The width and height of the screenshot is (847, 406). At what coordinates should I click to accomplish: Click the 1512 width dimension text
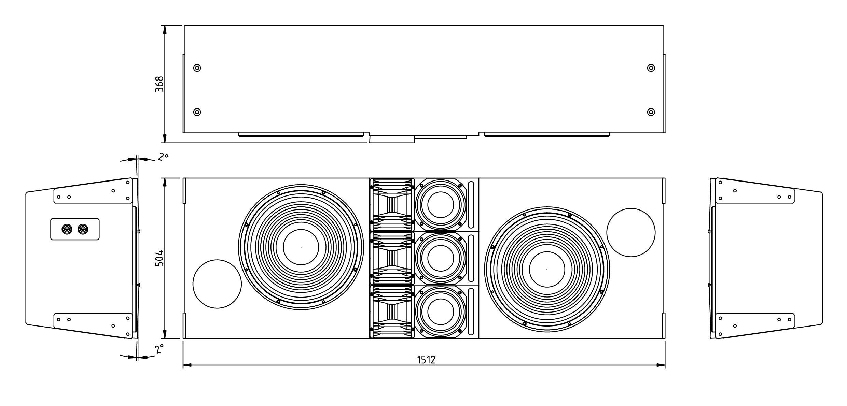click(427, 360)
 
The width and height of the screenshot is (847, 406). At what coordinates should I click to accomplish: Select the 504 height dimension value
click(159, 259)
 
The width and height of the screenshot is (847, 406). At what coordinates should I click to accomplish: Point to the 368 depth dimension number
click(159, 84)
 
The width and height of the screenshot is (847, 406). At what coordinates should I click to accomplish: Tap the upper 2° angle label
click(163, 157)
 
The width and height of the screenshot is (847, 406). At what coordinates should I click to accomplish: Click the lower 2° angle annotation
click(159, 349)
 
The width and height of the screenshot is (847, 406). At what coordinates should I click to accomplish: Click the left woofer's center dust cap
click(301, 247)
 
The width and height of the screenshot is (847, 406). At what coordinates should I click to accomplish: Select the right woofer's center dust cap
click(547, 269)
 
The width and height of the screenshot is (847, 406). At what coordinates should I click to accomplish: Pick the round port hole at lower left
click(217, 284)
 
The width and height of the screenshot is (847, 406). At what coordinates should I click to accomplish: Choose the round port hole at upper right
click(631, 232)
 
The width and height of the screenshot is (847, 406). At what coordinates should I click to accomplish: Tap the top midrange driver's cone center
click(441, 205)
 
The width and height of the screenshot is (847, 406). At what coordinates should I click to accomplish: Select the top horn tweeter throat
click(392, 205)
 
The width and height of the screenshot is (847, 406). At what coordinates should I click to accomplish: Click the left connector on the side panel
click(67, 229)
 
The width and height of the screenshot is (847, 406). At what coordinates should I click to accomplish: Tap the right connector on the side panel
click(83, 229)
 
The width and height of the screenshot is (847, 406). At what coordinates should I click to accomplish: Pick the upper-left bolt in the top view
click(197, 68)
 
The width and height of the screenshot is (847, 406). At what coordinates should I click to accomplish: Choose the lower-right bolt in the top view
click(651, 112)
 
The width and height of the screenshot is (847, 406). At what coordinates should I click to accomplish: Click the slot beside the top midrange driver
click(471, 205)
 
